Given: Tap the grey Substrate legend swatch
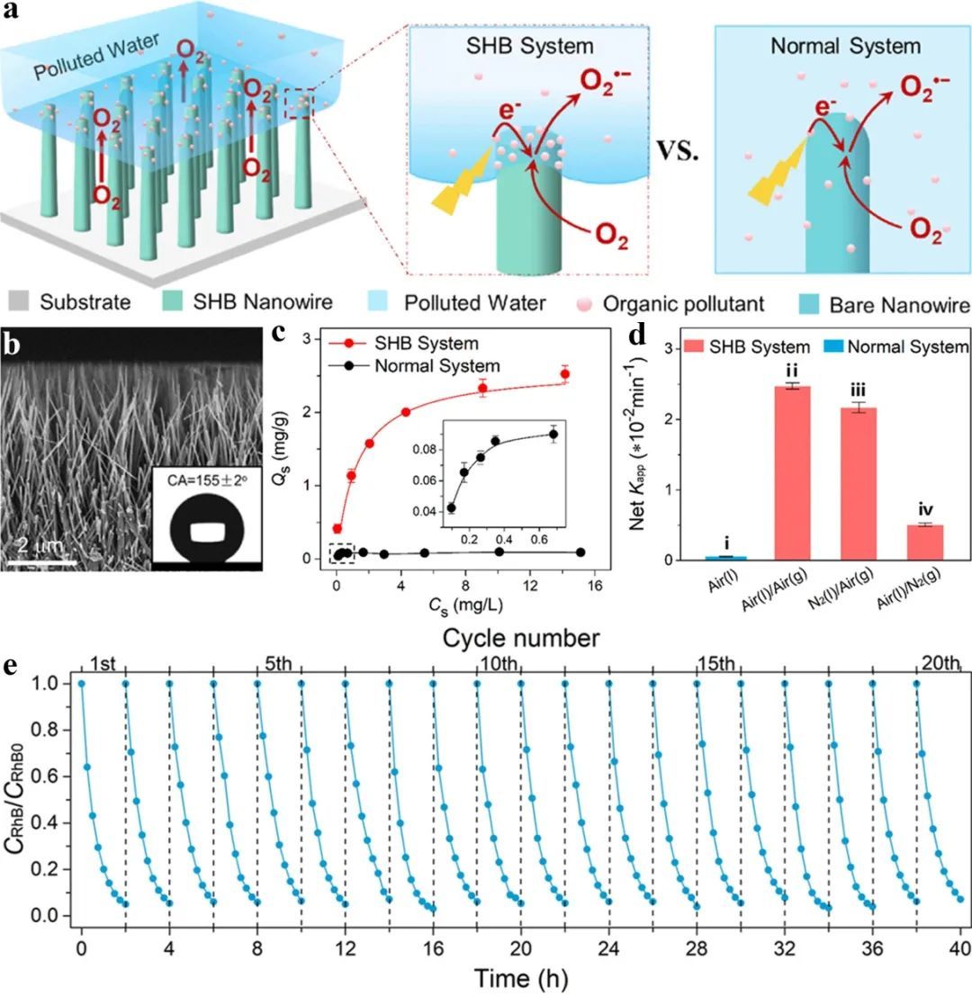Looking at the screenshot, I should point(17,301).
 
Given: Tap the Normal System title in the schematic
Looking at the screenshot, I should point(845,46).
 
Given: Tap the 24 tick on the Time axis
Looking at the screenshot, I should point(609,947).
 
